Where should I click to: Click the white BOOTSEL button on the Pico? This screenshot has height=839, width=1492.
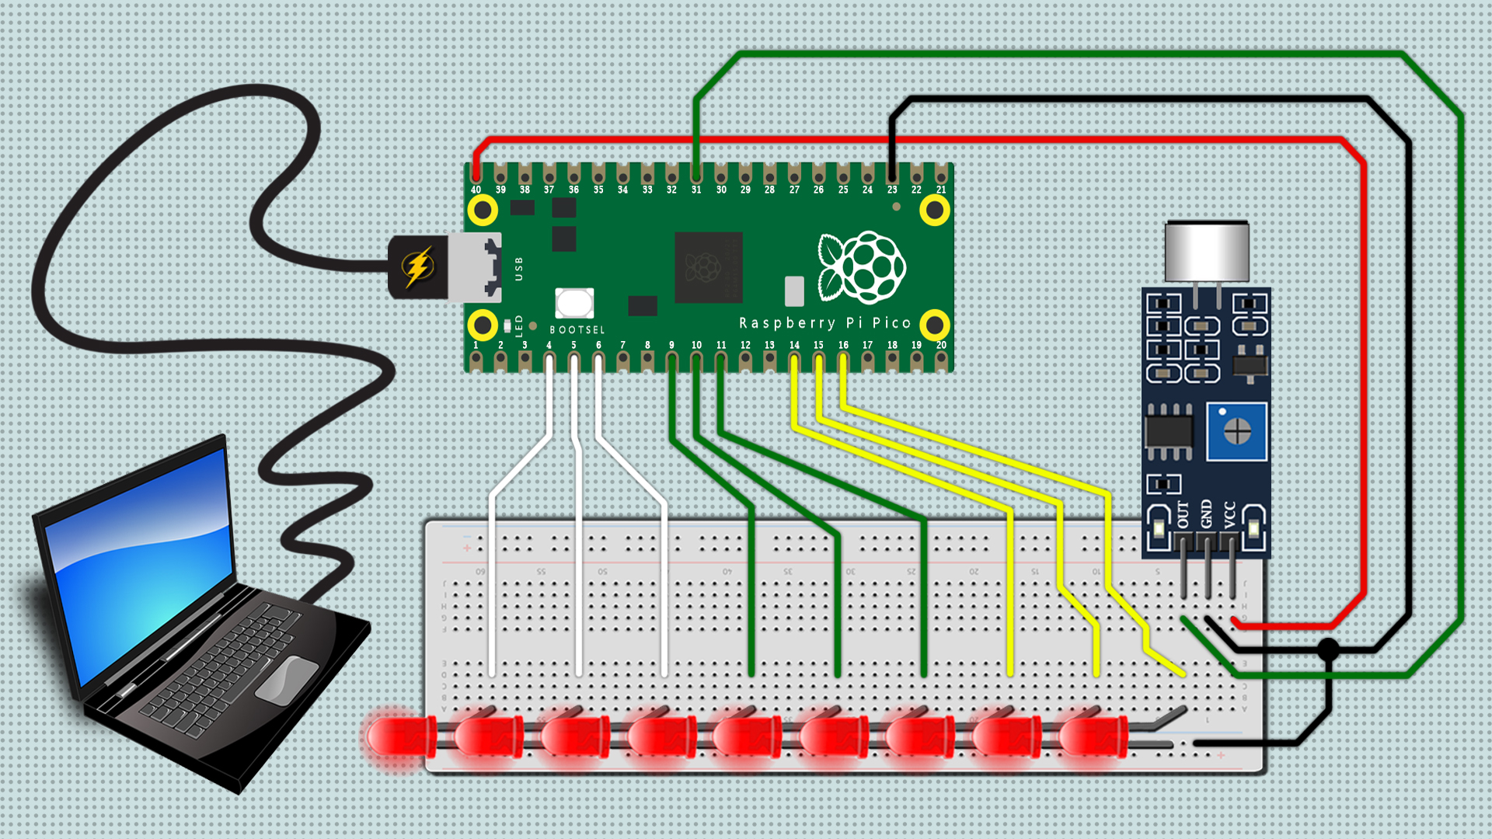tap(574, 303)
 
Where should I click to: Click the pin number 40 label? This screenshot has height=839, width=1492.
tap(476, 190)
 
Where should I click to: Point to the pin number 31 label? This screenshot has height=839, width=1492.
tap(696, 190)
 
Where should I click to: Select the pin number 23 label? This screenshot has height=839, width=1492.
tap(892, 190)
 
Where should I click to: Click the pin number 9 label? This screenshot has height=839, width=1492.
tap(671, 345)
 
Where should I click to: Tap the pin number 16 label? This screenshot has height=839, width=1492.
tap(843, 345)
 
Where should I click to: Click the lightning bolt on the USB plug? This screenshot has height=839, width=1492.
tap(418, 266)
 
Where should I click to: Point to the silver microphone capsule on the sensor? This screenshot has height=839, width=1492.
tap(1207, 250)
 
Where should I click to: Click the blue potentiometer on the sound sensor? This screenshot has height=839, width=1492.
tap(1236, 431)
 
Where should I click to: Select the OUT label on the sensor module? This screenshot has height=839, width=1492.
tap(1183, 514)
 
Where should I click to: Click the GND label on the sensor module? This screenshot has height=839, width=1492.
tap(1206, 514)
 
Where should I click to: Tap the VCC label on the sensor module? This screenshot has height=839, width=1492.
tap(1229, 514)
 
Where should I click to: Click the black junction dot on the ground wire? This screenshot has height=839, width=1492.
tap(1329, 649)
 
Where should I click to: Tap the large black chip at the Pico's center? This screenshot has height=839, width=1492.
tap(708, 267)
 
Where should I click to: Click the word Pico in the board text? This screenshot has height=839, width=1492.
tap(891, 322)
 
